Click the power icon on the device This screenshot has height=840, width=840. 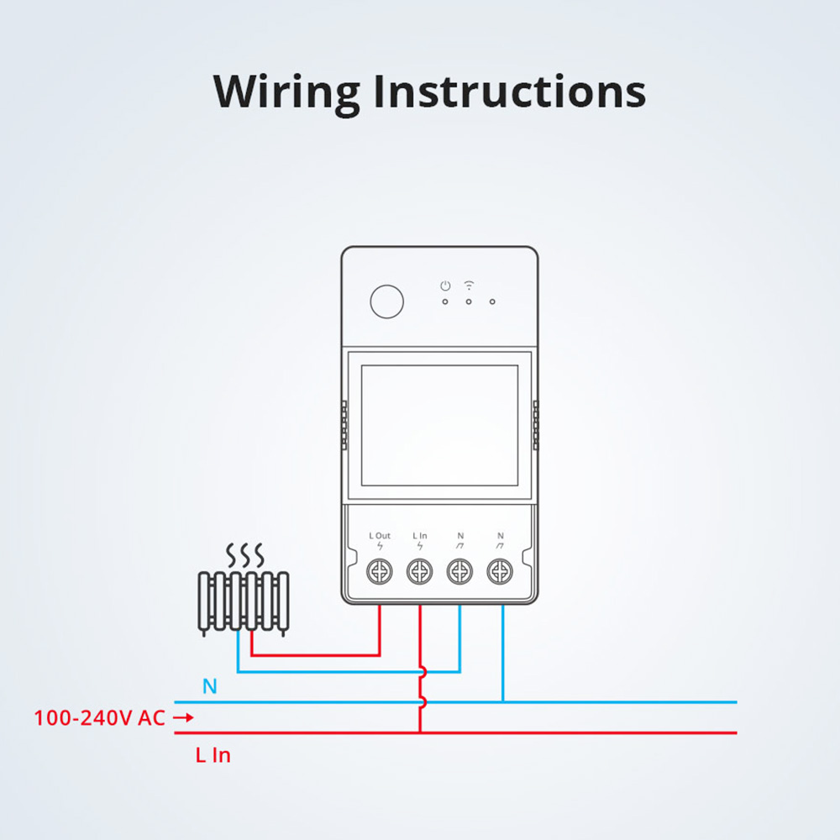445,286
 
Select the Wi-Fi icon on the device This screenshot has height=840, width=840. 469,286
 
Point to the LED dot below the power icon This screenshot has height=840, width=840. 445,302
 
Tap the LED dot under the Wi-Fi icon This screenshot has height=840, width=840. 469,302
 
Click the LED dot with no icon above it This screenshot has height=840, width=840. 492,302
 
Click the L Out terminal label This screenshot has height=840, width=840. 380,535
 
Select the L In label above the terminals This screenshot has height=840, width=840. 420,535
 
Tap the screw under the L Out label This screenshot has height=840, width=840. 380,573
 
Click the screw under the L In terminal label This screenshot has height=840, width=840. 420,573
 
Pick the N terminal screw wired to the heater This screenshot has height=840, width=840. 459,573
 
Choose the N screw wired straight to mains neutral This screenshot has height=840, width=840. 501,573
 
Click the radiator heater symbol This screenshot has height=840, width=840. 244,600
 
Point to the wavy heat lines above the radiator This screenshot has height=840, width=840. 245,554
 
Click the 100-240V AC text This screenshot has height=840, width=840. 99,718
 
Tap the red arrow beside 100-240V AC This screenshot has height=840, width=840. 183,718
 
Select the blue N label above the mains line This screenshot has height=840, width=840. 210,687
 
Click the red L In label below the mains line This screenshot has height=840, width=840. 213,755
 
